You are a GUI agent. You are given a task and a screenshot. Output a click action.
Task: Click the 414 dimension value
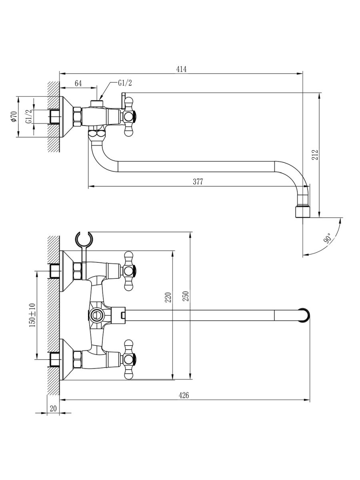tap(181, 69)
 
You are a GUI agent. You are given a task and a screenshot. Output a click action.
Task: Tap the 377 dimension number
tap(198, 182)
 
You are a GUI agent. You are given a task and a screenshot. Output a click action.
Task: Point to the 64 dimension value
tap(78, 83)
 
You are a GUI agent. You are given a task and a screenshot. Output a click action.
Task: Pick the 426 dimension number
tap(184, 395)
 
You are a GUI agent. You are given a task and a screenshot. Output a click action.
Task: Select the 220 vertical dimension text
tap(168, 298)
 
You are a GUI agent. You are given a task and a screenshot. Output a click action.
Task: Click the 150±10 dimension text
tap(32, 315)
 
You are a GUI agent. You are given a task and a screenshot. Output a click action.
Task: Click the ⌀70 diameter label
tap(13, 117)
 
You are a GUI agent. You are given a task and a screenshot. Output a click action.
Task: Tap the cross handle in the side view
tap(130, 117)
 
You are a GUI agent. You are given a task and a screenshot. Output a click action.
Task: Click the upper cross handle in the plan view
tap(129, 271)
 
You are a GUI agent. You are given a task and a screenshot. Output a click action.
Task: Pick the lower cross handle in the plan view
tap(129, 359)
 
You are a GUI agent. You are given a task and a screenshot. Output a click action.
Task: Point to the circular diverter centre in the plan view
tap(96, 315)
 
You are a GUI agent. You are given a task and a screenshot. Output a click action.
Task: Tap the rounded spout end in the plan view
tap(305, 315)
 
